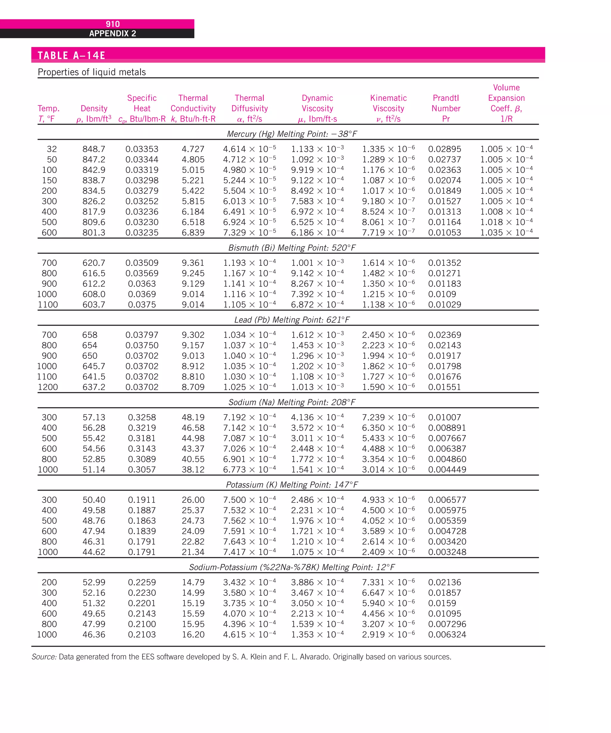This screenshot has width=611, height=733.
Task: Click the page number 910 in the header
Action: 112,24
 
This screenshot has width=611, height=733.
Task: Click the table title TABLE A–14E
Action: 71,55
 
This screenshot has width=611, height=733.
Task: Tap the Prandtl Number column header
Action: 446,108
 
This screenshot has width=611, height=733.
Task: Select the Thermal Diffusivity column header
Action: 249,108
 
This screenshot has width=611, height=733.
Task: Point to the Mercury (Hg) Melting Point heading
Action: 291,134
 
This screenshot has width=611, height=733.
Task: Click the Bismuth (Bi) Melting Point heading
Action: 291,248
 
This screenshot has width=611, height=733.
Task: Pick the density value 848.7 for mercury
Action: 94,149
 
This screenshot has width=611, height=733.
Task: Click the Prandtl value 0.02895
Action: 445,149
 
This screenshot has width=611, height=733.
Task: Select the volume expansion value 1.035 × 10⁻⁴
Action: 506,233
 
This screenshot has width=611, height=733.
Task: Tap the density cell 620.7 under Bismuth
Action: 94,263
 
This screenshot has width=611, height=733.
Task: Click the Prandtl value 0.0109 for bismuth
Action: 442,294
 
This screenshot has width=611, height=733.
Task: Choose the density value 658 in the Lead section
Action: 90,335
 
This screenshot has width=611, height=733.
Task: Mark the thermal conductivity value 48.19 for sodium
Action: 193,417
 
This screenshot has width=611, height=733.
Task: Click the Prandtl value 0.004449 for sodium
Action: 447,469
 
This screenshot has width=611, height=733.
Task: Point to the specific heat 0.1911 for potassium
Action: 142,500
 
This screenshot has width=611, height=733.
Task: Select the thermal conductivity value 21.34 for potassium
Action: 193,552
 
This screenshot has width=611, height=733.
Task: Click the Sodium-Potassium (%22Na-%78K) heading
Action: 291,567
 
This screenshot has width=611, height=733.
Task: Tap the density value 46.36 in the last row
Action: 94,634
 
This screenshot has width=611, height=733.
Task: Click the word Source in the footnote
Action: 44,657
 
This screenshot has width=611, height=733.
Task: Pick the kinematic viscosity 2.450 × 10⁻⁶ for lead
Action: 388,335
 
